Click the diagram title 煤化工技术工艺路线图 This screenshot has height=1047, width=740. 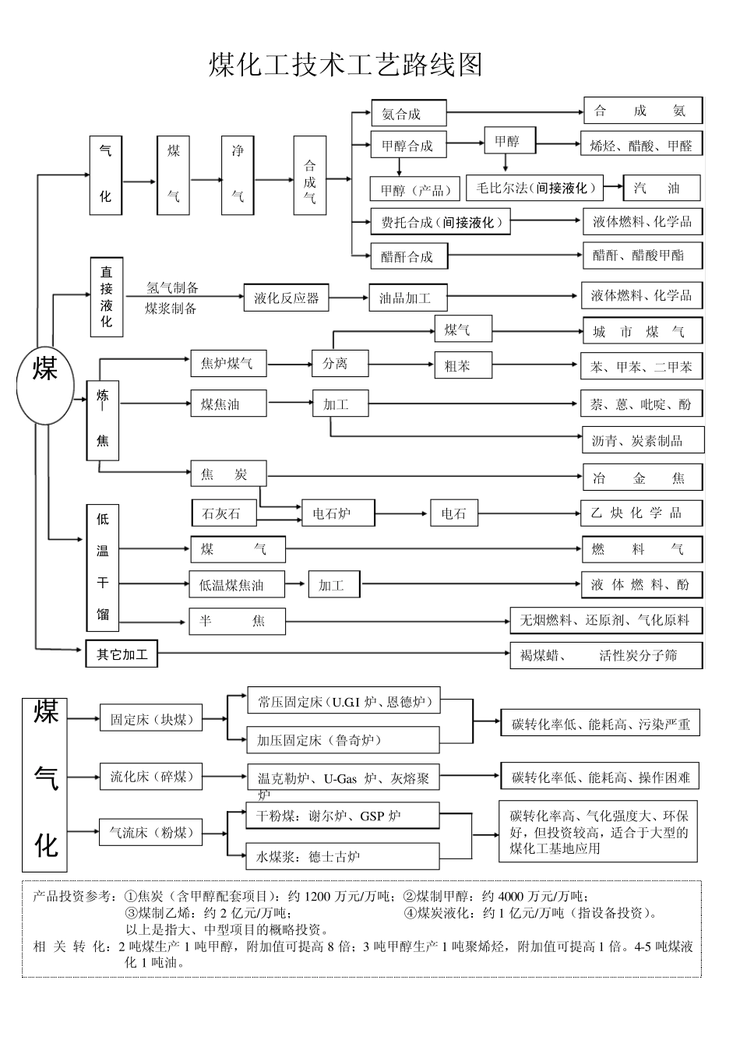pos(346,65)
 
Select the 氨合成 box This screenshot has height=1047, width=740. pos(408,114)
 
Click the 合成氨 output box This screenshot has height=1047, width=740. pos(643,111)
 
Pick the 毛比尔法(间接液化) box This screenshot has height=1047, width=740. pos(537,188)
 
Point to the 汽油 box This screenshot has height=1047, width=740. pos(661,188)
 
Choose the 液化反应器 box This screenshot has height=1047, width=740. pos(286,297)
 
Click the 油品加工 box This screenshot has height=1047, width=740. pos(407,298)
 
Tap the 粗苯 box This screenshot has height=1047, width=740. pos(463,365)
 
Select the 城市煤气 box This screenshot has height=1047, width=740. pos(642,332)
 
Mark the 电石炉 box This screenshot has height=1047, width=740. pos(337,513)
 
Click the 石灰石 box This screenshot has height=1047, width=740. pos(225,513)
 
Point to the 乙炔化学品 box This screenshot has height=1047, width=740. pos(642,513)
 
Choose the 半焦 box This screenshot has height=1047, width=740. pos(237,621)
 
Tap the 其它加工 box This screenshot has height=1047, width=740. pos(122,654)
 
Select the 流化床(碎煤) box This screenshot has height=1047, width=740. pos(151,777)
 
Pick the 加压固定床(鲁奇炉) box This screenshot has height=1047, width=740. pos(343,740)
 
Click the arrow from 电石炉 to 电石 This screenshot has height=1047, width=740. pos(402,513)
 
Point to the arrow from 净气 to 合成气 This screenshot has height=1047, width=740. pos(273,180)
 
